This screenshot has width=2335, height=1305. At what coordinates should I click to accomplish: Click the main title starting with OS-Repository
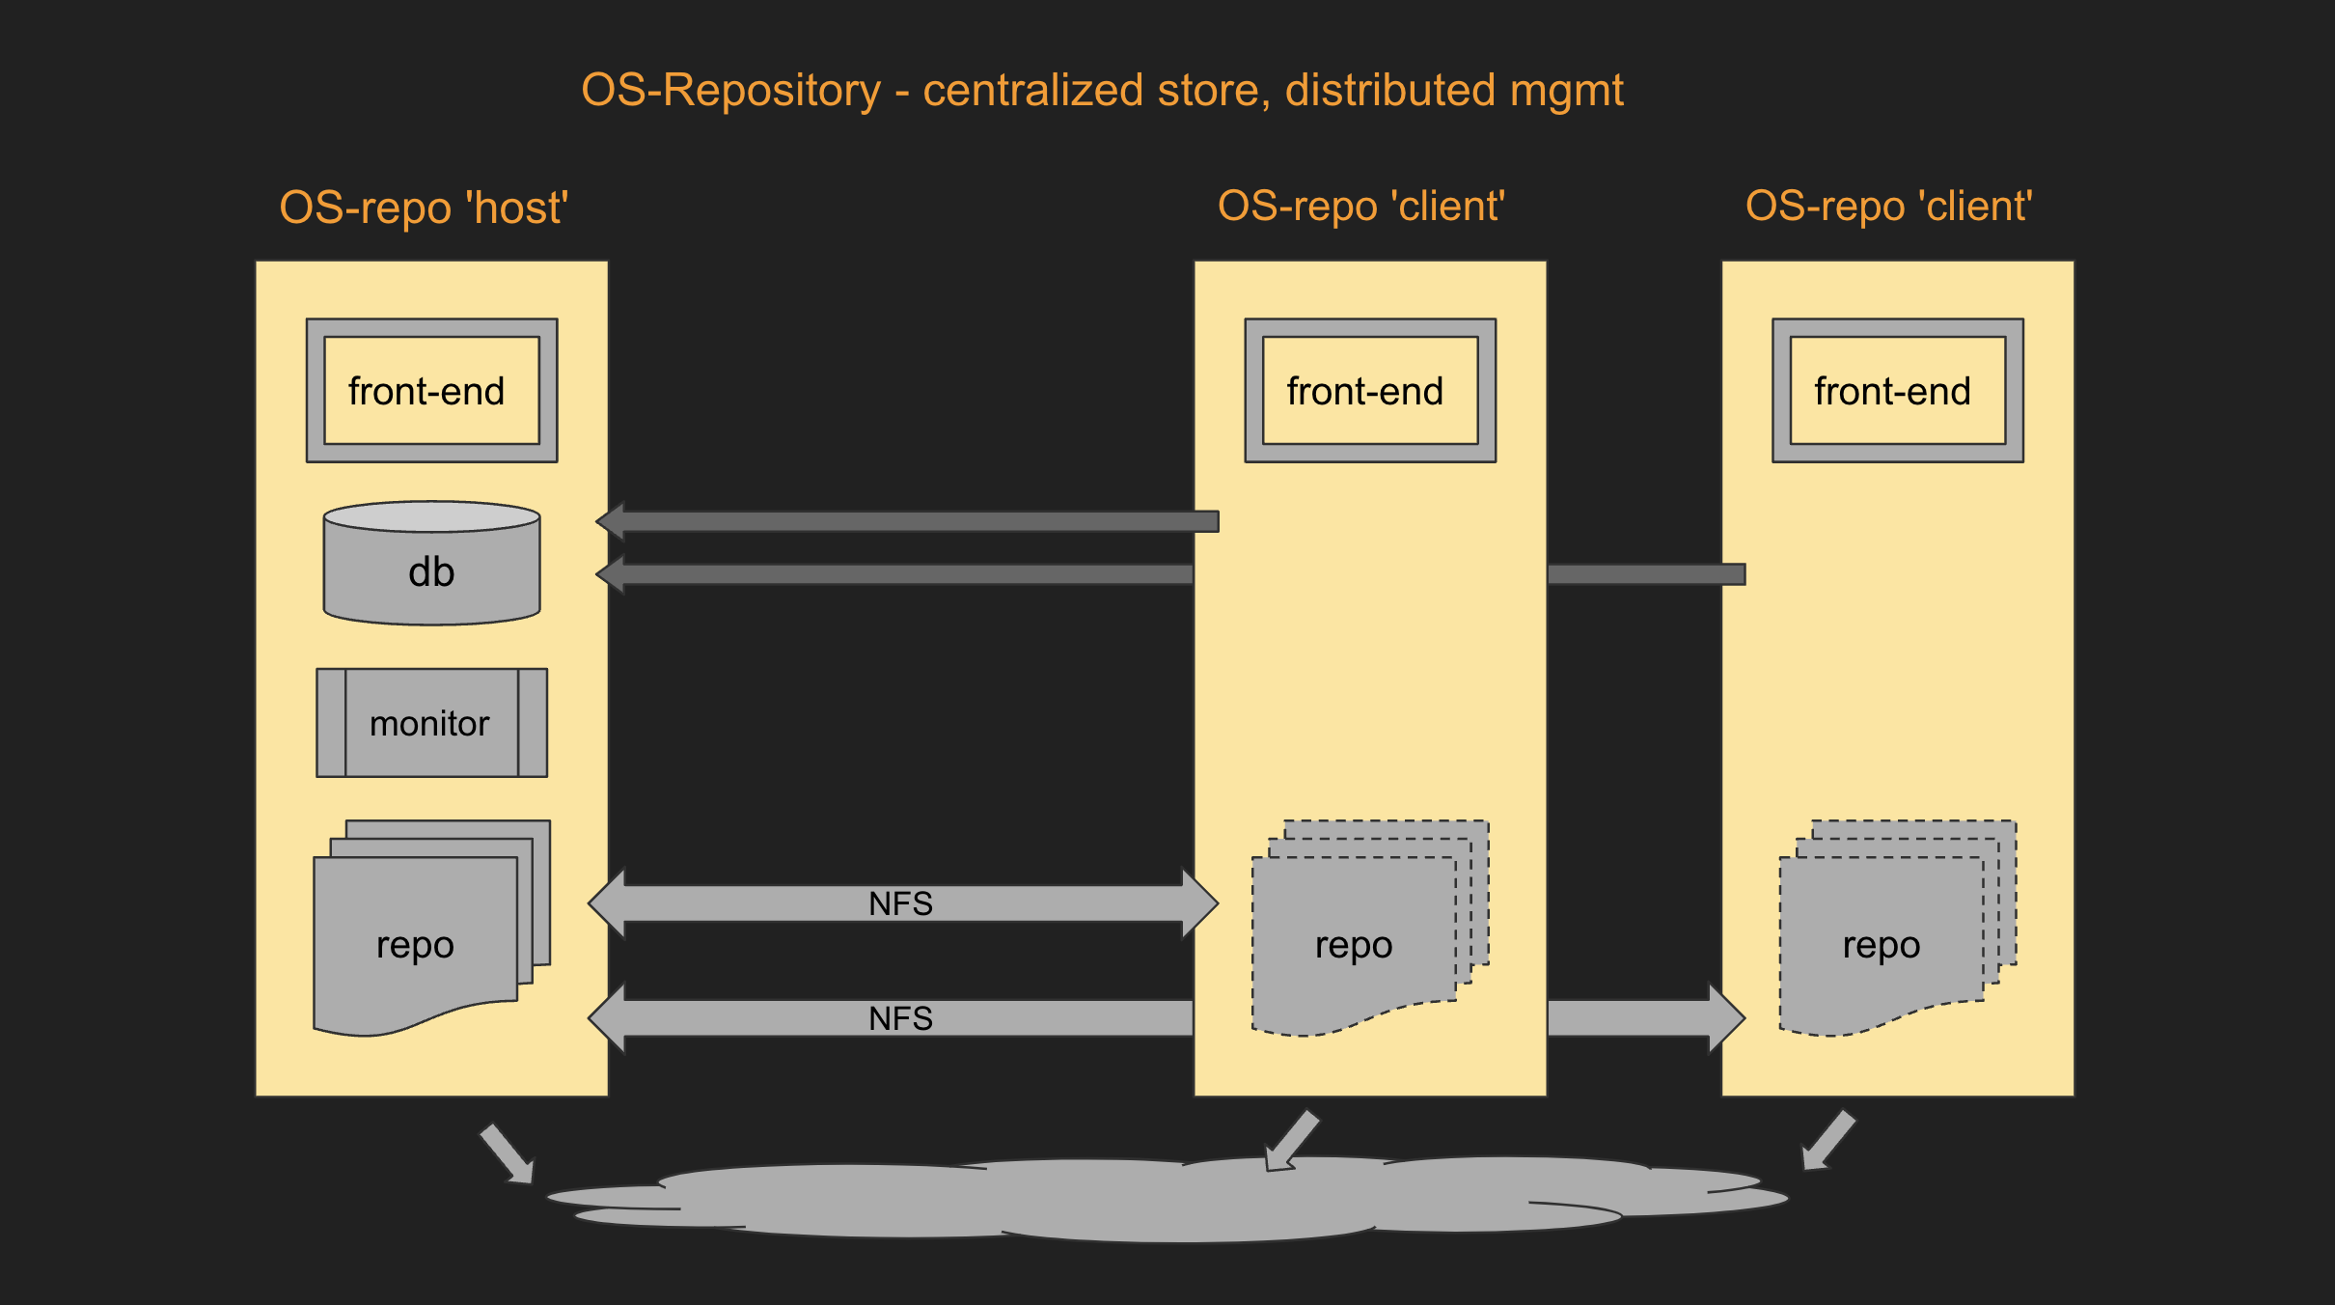pyautogui.click(x=1102, y=91)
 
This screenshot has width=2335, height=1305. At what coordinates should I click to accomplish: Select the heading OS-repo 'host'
pyautogui.click(x=424, y=208)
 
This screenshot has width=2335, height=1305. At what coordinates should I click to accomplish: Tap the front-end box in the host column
pyautogui.click(x=431, y=391)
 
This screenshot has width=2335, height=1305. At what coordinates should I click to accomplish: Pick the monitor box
pyautogui.click(x=431, y=723)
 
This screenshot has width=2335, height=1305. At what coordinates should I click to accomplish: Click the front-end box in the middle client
pyautogui.click(x=1370, y=391)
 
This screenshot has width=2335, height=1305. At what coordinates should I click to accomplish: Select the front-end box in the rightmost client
pyautogui.click(x=1897, y=391)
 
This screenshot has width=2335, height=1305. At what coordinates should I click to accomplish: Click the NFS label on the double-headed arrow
pyautogui.click(x=900, y=904)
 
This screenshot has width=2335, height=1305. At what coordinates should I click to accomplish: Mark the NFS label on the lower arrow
pyautogui.click(x=900, y=1018)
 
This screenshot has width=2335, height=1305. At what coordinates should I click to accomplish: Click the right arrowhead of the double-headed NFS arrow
pyautogui.click(x=1201, y=904)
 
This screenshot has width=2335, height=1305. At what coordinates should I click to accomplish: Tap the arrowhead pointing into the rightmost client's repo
pyautogui.click(x=1727, y=1018)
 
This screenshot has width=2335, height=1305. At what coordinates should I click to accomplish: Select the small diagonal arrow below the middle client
pyautogui.click(x=1291, y=1141)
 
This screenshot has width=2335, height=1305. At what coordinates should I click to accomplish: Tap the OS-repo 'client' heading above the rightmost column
pyautogui.click(x=1889, y=207)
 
